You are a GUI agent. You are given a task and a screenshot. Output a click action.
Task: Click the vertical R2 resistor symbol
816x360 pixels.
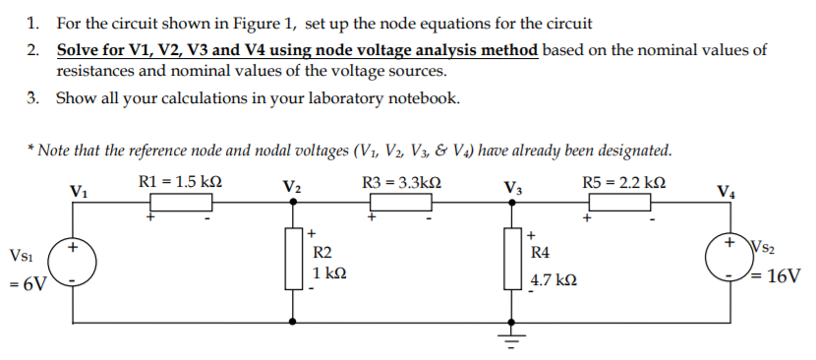click(294, 259)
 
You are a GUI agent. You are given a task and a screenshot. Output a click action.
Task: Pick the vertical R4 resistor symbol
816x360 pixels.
click(511, 259)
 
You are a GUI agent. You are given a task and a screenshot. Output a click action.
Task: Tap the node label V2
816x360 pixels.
click(292, 187)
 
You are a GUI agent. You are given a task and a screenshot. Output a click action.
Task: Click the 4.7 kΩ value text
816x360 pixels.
click(554, 280)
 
